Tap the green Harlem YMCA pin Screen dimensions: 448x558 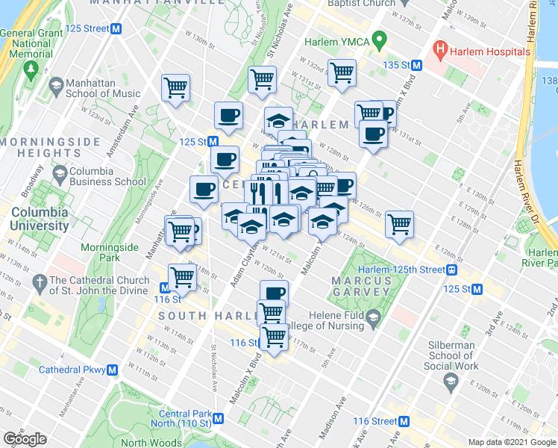click(x=379, y=40)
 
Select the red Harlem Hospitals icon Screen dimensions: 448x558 click(x=440, y=51)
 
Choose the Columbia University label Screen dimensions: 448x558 click(x=40, y=217)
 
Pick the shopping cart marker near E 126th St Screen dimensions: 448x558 click(x=400, y=224)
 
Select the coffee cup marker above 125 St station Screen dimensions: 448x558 click(x=228, y=116)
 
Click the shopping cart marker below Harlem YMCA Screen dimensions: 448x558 click(x=342, y=74)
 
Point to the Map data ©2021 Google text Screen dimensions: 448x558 click(x=511, y=442)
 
